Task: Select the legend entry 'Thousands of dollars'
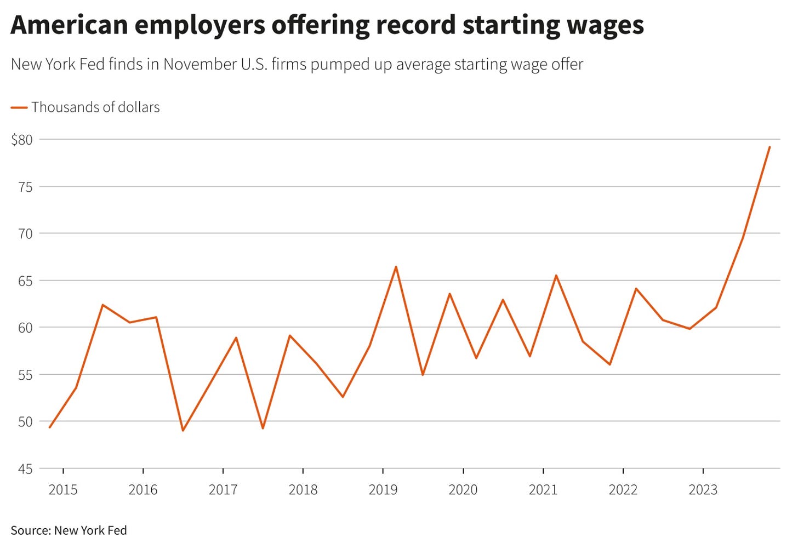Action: click(x=95, y=107)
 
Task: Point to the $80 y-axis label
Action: click(x=22, y=140)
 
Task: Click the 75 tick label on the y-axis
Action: click(x=25, y=187)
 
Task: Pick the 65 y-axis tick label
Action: click(x=25, y=281)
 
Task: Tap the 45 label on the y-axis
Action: click(x=25, y=470)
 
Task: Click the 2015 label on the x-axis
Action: click(x=63, y=489)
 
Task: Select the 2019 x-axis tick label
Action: click(x=383, y=489)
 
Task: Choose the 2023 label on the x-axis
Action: click(x=703, y=489)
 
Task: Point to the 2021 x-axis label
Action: click(x=543, y=489)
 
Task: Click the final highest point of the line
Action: click(x=770, y=147)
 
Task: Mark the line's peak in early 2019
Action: click(x=396, y=267)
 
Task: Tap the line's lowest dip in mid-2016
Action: click(x=183, y=431)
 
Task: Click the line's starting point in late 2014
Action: click(x=50, y=427)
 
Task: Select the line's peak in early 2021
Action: click(x=556, y=276)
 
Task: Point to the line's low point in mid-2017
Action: click(x=263, y=428)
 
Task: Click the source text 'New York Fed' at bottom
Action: click(x=90, y=530)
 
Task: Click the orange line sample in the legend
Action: click(x=19, y=107)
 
